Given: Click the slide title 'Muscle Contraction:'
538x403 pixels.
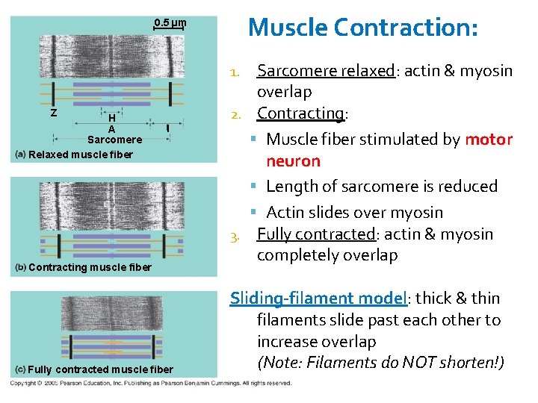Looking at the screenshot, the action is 362,28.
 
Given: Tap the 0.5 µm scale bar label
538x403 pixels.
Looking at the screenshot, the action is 170,24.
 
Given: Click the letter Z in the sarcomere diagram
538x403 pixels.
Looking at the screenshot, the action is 53,113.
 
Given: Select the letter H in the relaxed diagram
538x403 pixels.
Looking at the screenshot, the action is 111,118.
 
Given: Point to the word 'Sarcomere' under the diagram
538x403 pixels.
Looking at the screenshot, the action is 114,140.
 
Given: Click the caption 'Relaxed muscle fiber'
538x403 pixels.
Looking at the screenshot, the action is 80,154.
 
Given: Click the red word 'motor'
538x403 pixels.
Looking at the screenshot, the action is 489,140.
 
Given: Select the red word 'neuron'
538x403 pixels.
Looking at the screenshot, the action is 293,161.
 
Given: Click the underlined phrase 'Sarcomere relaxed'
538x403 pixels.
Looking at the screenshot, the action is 325,71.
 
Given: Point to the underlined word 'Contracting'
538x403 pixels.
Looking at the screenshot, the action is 300,113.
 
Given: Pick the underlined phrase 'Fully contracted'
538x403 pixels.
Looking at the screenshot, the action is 315,234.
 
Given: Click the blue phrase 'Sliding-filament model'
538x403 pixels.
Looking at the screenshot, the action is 317,299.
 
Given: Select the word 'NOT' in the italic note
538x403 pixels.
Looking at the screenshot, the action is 423,363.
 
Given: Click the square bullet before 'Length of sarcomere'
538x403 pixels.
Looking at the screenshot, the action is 256,187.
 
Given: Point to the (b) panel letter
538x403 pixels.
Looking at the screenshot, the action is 21,267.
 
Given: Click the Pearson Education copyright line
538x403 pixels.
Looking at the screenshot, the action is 149,383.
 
